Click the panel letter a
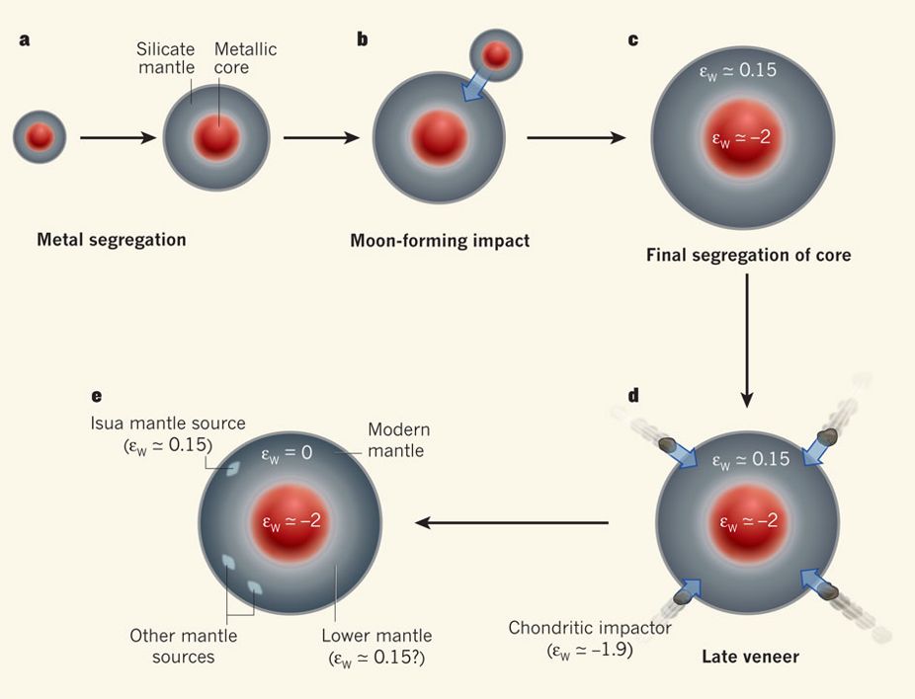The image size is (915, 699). (x=22, y=40)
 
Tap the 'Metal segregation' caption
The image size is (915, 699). (x=111, y=239)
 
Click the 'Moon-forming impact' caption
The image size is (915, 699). (x=439, y=240)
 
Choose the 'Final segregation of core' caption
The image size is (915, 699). (x=748, y=255)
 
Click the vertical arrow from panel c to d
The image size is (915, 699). (x=747, y=340)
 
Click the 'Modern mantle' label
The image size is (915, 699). (x=397, y=439)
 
